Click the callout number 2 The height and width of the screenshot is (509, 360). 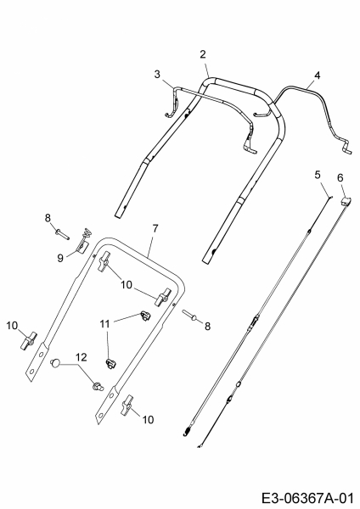click(x=203, y=54)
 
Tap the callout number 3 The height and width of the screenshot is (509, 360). click(x=157, y=75)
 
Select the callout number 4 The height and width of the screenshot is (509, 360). click(x=317, y=76)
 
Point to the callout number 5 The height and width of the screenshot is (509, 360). click(x=318, y=175)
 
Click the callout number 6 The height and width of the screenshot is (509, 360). click(x=340, y=177)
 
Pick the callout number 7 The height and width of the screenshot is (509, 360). click(x=155, y=228)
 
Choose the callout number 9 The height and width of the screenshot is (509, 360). click(x=60, y=259)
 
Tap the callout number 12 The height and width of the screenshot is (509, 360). click(x=82, y=357)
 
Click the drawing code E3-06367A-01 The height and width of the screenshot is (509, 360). click(x=307, y=498)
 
